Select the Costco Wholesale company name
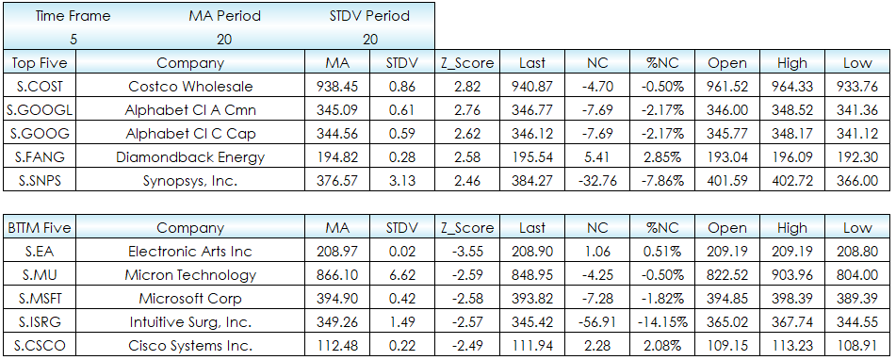(x=190, y=87)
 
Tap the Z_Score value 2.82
(x=467, y=87)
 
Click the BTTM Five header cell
(x=40, y=228)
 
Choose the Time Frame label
(x=73, y=16)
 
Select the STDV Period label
(x=369, y=16)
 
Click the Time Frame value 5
(x=73, y=40)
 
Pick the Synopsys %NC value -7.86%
(x=662, y=181)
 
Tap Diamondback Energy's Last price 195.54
(x=532, y=157)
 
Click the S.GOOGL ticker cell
(x=40, y=109)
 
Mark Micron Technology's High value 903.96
(x=792, y=275)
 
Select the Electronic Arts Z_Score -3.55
(x=467, y=252)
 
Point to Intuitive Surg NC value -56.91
(x=597, y=321)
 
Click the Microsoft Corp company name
(x=190, y=299)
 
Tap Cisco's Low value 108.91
(x=857, y=345)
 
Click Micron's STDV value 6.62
(x=401, y=275)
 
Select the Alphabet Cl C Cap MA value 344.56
(x=337, y=134)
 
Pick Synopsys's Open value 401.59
(x=727, y=181)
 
